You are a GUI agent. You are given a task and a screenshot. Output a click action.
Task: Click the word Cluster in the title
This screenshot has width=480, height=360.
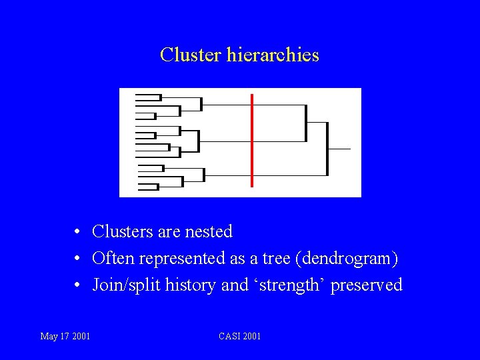pyautogui.click(x=191, y=55)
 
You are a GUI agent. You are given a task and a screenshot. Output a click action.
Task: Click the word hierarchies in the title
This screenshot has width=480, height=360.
pyautogui.click(x=273, y=55)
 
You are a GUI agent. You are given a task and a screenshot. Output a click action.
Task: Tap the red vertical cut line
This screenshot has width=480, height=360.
pyautogui.click(x=252, y=141)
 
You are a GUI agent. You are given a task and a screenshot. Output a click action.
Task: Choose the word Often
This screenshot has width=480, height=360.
pyautogui.click(x=113, y=259)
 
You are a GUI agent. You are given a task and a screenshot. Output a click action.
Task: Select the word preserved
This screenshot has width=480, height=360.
pyautogui.click(x=367, y=285)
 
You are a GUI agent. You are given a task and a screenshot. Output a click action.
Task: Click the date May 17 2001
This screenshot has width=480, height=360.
pyautogui.click(x=65, y=336)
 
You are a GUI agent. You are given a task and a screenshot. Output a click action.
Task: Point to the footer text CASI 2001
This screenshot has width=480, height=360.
pyautogui.click(x=240, y=336)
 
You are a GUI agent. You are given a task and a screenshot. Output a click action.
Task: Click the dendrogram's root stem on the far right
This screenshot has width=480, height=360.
pyautogui.click(x=339, y=149)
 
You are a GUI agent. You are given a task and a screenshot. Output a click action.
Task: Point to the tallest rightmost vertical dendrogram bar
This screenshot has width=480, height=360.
pyautogui.click(x=327, y=149)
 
